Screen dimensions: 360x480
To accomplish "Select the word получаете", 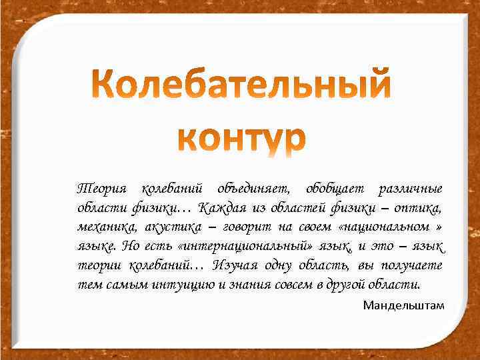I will pyautogui.click(x=410, y=265).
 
